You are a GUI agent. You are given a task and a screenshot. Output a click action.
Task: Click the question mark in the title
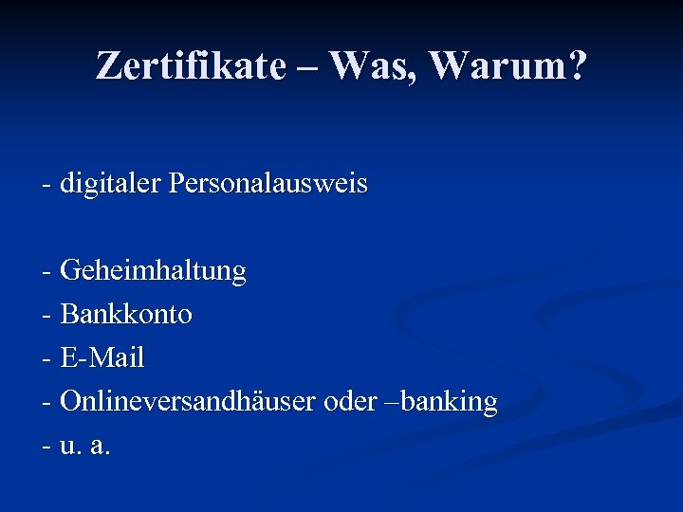576,65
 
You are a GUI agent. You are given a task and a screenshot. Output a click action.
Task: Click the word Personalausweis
268,183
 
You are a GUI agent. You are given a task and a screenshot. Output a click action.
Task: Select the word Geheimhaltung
153,271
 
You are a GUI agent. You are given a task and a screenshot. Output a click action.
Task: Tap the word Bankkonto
126,315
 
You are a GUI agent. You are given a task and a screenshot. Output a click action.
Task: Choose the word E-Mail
102,358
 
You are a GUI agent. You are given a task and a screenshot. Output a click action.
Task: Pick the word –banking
447,402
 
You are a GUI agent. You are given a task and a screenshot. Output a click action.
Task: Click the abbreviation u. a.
85,446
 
